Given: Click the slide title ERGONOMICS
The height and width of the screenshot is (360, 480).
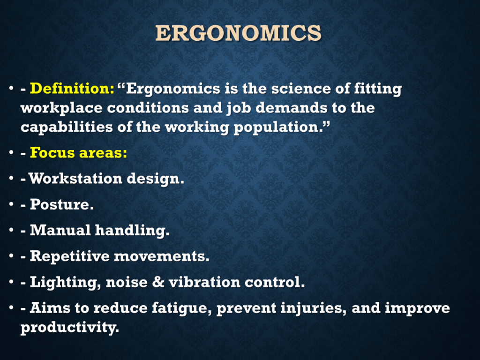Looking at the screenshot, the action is tap(238, 33).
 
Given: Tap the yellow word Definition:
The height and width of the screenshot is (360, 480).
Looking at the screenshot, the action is tap(72, 89).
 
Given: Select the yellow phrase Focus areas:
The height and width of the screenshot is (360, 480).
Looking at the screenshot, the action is tap(78, 152).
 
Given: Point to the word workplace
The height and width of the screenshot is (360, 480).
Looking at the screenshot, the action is tap(61, 109).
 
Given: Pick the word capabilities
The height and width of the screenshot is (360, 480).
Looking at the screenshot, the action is tap(67, 127).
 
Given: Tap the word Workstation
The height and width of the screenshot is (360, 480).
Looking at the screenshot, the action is tap(75, 178).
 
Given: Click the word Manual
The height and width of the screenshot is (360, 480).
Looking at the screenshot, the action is tap(60, 230).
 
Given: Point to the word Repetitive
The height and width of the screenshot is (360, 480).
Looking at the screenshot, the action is tap(69, 256).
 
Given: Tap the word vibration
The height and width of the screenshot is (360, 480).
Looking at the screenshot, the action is tap(204, 282).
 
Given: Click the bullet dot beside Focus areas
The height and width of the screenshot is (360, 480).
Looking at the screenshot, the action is tap(11, 152).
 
